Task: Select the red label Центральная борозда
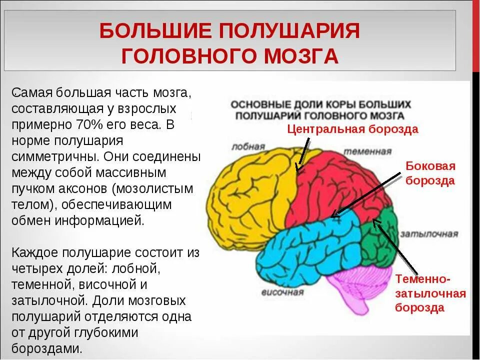coord(352,129)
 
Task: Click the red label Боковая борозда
coord(430,173)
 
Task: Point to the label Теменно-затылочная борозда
coord(430,293)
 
